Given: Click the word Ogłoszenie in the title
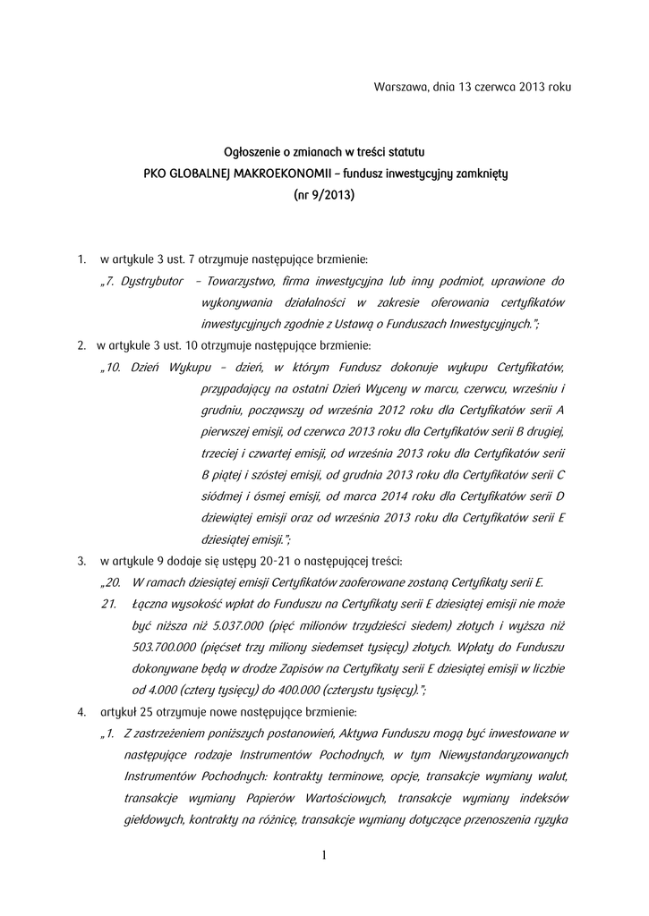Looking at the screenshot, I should (x=252, y=154).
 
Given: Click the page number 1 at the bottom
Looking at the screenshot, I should (x=324, y=857).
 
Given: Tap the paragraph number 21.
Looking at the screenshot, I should (x=109, y=604).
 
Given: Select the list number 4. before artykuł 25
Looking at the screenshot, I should (x=81, y=712).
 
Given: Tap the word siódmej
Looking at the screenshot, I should (x=219, y=496).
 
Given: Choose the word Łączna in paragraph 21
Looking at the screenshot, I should (x=150, y=604).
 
